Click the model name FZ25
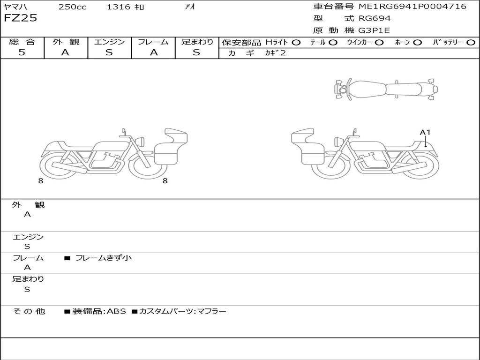20,18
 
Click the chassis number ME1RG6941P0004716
412,7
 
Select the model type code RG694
375,18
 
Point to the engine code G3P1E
375,30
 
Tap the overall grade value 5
22,52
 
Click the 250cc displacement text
73,7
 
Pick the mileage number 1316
119,7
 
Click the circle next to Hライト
296,43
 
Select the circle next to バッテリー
471,43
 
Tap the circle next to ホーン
418,43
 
